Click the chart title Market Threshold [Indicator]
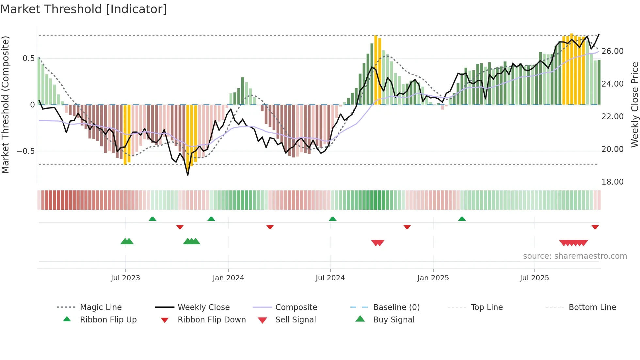point(84,9)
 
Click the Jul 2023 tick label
point(125,278)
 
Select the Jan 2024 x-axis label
point(228,278)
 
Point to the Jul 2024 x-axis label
point(330,278)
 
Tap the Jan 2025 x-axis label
point(433,278)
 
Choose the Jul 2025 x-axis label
point(535,278)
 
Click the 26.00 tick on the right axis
point(613,51)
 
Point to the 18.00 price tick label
point(613,182)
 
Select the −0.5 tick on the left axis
point(26,151)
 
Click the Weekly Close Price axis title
point(634,105)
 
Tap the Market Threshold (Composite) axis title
point(5,105)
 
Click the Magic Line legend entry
point(101,307)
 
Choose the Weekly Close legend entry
point(203,307)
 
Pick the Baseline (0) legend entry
point(396,307)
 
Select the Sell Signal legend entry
point(296,320)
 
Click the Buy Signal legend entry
point(393,320)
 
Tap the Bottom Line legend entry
point(592,307)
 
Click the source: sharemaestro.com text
point(575,256)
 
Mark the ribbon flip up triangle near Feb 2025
point(462,219)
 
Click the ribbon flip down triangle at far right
point(595,227)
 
